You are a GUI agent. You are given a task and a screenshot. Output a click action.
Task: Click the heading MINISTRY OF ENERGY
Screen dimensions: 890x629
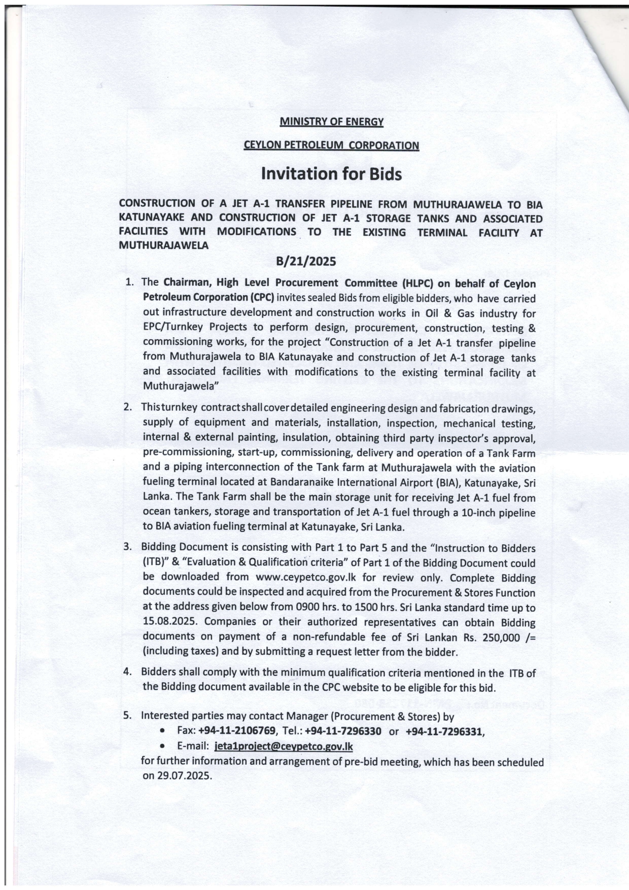click(331, 122)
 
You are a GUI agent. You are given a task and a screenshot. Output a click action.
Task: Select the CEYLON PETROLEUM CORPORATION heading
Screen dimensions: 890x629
click(331, 146)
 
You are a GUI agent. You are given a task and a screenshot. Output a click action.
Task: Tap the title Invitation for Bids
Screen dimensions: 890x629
click(331, 174)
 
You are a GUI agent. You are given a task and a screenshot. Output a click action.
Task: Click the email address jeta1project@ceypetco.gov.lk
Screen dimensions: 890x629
click(284, 746)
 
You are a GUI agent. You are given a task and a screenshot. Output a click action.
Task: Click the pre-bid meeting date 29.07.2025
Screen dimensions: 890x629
click(177, 776)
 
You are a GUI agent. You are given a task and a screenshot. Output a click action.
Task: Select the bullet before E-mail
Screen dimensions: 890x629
click(161, 747)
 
